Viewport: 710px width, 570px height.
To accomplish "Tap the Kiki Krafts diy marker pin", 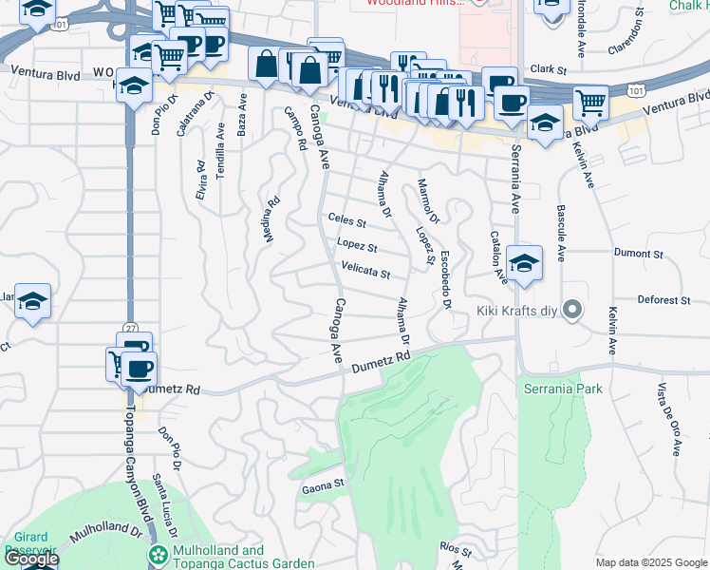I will [571, 310].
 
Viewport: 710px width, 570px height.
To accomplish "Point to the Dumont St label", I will [638, 254].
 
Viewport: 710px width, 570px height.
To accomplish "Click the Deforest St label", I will [663, 300].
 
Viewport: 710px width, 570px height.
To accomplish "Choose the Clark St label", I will [548, 69].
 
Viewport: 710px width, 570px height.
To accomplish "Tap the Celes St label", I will [346, 221].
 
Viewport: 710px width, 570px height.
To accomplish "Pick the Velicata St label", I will [365, 272].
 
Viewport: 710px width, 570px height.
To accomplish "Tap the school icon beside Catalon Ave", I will [524, 264].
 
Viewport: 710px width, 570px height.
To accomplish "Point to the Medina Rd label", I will [271, 218].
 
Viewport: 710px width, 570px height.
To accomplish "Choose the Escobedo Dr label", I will [444, 285].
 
